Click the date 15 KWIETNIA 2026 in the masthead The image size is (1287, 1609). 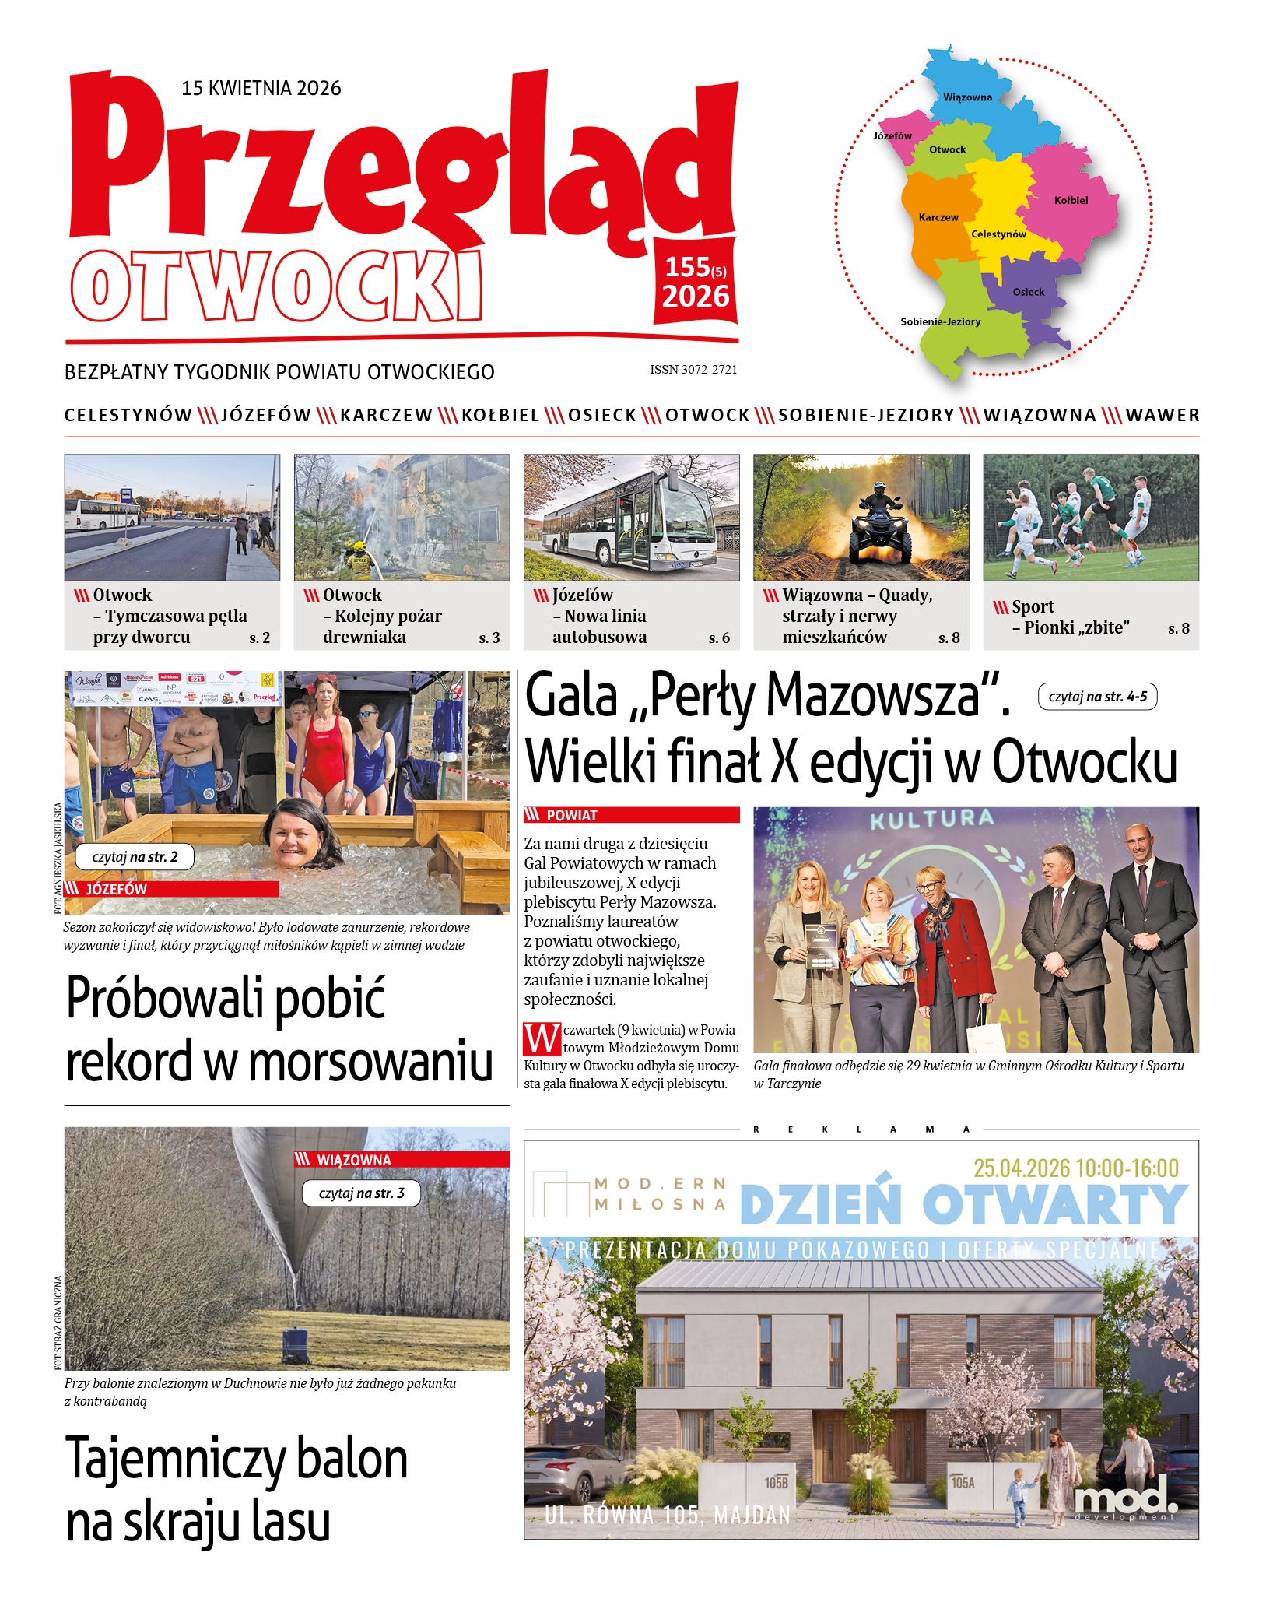pyautogui.click(x=261, y=88)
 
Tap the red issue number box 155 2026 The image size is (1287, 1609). pyautogui.click(x=695, y=282)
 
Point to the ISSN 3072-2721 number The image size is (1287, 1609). pyautogui.click(x=693, y=370)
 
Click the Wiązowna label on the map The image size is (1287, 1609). pyautogui.click(x=967, y=97)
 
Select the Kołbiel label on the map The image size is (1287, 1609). pyautogui.click(x=1071, y=200)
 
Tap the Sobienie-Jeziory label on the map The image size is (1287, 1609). pyautogui.click(x=940, y=321)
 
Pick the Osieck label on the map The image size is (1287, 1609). pyautogui.click(x=1028, y=292)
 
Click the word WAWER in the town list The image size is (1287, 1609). pyautogui.click(x=1163, y=416)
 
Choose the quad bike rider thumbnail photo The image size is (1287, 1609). pyautogui.click(x=861, y=517)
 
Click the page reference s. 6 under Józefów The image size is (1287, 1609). pyautogui.click(x=719, y=638)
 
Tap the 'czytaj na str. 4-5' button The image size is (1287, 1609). pyautogui.click(x=1097, y=697)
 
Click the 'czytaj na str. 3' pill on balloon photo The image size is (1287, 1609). pyautogui.click(x=361, y=1193)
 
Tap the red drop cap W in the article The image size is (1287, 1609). pyautogui.click(x=542, y=1039)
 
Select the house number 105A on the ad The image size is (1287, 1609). pyautogui.click(x=963, y=1483)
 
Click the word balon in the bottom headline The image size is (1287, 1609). pyautogui.click(x=352, y=1460)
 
